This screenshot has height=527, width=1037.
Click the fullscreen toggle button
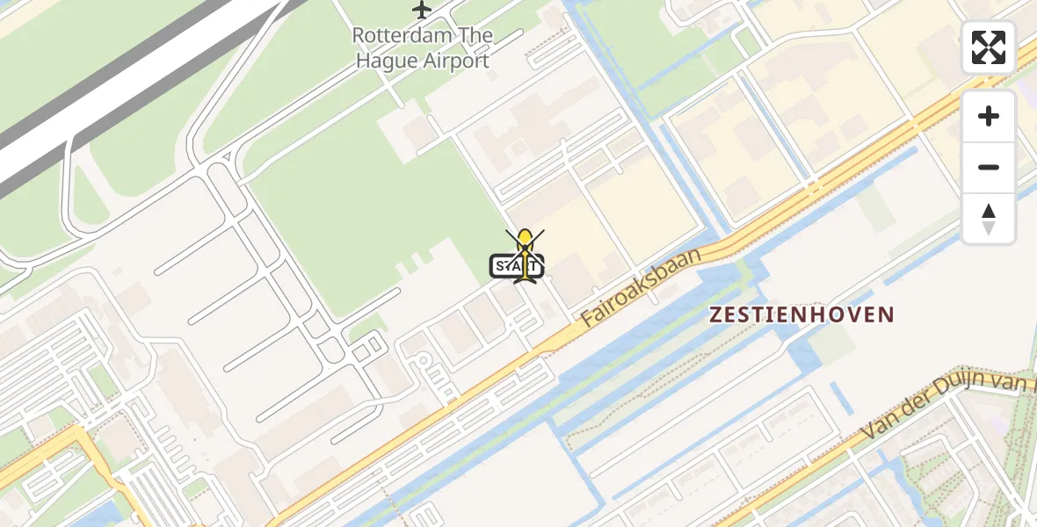989,47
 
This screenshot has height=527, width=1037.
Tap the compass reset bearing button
989,219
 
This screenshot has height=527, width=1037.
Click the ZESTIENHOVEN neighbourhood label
801,314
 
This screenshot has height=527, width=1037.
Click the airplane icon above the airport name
423,11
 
